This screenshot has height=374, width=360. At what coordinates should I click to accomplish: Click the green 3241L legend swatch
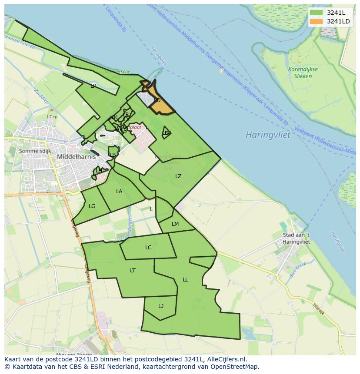[x=316, y=13]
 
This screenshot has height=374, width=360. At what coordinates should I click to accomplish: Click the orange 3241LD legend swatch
[x=316, y=21]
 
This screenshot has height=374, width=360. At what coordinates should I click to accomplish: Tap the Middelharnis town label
[x=76, y=157]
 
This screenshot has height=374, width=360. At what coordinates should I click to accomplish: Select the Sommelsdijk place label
[x=35, y=151]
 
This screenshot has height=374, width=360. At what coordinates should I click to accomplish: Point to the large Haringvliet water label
[x=267, y=135]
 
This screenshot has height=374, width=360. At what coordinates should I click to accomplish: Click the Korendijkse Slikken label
[x=303, y=73]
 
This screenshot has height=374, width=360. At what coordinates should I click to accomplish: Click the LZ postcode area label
[x=178, y=176]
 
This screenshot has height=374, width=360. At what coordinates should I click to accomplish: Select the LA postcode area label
[x=119, y=192]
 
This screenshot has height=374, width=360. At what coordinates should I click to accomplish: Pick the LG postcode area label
[x=92, y=206]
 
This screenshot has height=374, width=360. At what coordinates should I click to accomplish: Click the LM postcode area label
[x=175, y=224]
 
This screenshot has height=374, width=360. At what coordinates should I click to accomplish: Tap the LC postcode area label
[x=148, y=248]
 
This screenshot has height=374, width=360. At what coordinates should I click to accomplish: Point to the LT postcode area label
[x=133, y=271]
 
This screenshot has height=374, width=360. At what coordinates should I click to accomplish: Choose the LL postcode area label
[x=185, y=280]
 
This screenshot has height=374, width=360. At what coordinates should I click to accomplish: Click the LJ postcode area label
[x=161, y=306]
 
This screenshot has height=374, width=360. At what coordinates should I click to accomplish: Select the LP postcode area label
[x=93, y=86]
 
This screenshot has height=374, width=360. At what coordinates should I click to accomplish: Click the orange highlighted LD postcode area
[x=159, y=102]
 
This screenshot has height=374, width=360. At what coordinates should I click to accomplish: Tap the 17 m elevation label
[x=52, y=117]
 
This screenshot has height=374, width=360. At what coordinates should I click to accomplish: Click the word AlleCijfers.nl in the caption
[x=226, y=359]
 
